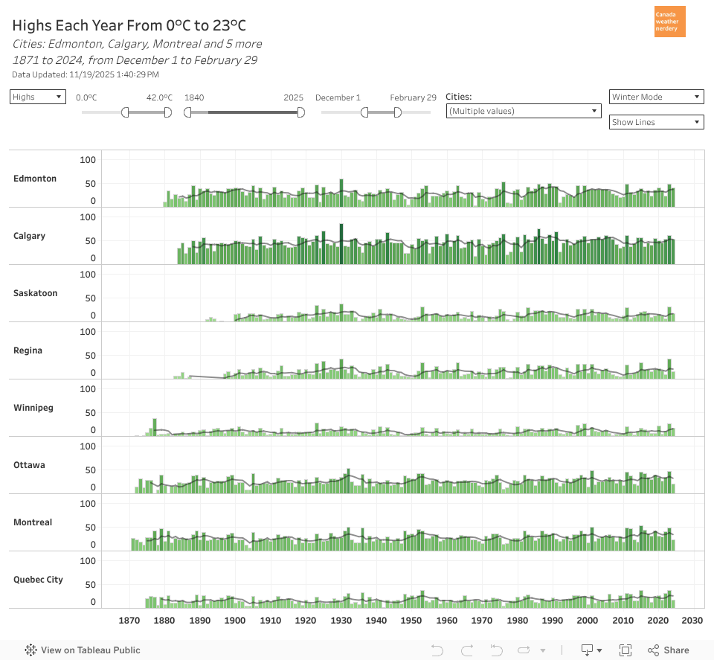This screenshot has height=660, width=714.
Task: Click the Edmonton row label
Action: point(35,179)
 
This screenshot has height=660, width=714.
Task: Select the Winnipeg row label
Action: point(34,408)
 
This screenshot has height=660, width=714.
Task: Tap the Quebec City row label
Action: point(38,580)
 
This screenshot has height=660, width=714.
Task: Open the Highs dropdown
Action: point(38,97)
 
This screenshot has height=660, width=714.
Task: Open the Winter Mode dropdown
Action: point(656,97)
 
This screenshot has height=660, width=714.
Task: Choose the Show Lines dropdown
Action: point(656,122)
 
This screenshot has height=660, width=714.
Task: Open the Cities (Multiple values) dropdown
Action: point(523,111)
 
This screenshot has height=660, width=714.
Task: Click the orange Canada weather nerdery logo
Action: point(669,22)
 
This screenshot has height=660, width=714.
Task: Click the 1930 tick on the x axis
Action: point(341,621)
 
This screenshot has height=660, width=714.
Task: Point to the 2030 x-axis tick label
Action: point(692,621)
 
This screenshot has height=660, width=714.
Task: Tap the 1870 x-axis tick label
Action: point(129,621)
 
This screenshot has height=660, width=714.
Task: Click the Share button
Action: point(668,650)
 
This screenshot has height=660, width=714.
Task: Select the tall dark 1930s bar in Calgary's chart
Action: point(341,244)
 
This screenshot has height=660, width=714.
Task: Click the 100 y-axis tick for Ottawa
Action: point(89,446)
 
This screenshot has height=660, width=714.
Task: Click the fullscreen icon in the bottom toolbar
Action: point(625,650)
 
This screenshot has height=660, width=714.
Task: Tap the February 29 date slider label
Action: point(413,97)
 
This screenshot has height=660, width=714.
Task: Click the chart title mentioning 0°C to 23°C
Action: point(129,26)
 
